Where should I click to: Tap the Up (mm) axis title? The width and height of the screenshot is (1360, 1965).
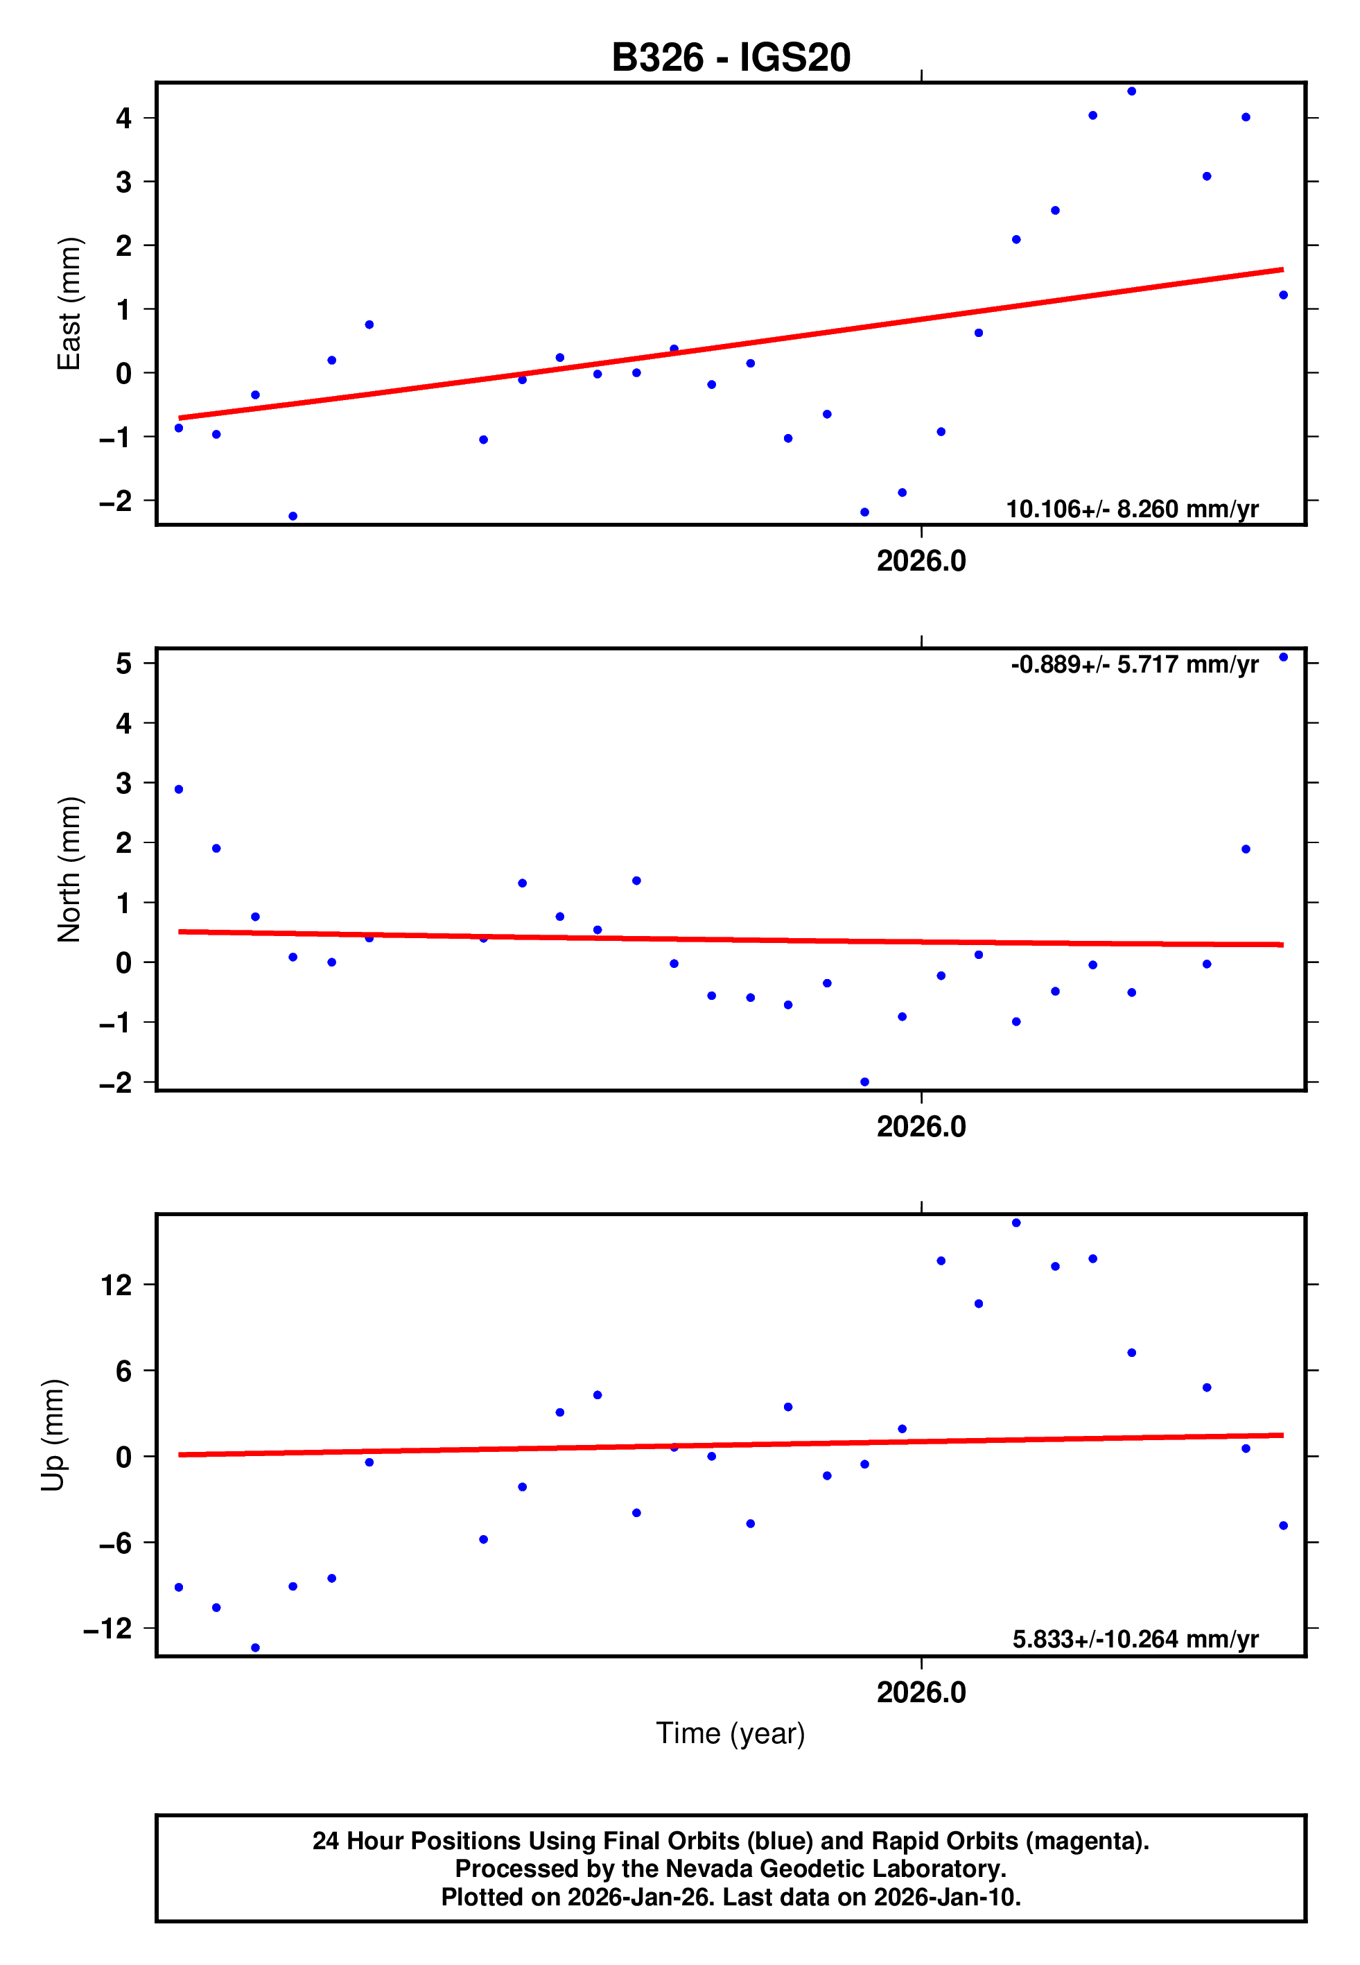point(53,1435)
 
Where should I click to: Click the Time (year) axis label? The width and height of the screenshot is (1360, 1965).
point(731,1733)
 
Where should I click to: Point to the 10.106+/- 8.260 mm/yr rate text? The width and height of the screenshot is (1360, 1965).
point(1132,510)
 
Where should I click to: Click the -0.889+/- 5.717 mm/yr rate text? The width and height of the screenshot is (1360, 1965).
point(1133,665)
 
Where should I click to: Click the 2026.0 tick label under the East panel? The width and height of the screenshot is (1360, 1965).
point(921,562)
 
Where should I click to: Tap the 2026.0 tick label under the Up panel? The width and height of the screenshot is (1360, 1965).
point(921,1693)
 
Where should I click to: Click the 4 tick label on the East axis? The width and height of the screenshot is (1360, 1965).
point(124,119)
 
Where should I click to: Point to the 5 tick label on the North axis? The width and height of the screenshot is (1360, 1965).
point(124,663)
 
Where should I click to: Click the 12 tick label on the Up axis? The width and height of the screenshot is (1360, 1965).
point(116,1285)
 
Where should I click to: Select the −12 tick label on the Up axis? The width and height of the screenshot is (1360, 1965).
point(108,1629)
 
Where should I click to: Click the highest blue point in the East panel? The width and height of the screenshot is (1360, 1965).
point(1132,91)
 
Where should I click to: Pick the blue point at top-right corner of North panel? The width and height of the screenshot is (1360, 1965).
point(1283,657)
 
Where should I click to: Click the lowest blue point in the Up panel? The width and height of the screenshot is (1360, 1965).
point(255,1648)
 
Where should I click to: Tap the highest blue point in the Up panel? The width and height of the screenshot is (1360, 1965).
point(1015,1223)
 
